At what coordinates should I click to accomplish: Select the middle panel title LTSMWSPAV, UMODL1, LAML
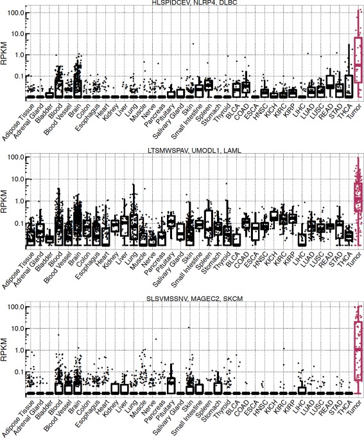[x=195, y=150]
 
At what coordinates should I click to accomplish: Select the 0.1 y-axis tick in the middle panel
[x=17, y=223]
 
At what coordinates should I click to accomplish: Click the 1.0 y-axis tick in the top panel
[x=17, y=55]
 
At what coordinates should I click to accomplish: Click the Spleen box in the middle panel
[x=209, y=223]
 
